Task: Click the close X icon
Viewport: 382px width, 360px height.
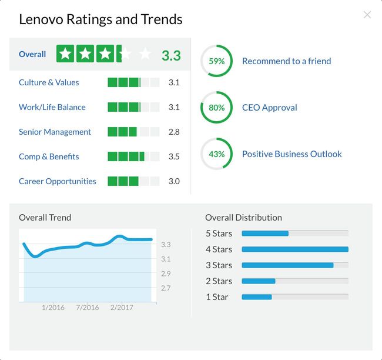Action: [x=367, y=15]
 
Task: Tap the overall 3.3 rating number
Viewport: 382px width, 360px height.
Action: [x=171, y=56]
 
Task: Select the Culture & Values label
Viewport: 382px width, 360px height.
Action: [x=49, y=82]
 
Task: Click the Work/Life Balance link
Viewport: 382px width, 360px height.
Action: [x=52, y=107]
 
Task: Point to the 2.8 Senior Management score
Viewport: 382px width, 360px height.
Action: [x=174, y=132]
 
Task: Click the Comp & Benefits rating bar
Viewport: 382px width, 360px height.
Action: [x=133, y=156]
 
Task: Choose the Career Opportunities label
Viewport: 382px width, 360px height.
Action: [x=58, y=181]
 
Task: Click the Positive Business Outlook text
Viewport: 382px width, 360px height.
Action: [x=292, y=154]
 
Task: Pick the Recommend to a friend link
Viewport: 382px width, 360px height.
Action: [x=287, y=61]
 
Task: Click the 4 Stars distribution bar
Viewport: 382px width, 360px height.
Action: [x=295, y=249]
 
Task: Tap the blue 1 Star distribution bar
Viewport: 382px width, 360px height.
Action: [x=257, y=297]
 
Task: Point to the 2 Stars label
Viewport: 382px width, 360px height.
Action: [x=219, y=281]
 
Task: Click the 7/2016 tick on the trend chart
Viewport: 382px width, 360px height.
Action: [x=87, y=307]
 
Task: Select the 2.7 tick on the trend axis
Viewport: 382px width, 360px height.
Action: [x=166, y=288]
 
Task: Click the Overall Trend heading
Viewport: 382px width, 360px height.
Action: [x=45, y=218]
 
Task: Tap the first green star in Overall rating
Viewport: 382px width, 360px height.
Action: [x=65, y=54]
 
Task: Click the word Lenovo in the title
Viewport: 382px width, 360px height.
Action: [x=41, y=19]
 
